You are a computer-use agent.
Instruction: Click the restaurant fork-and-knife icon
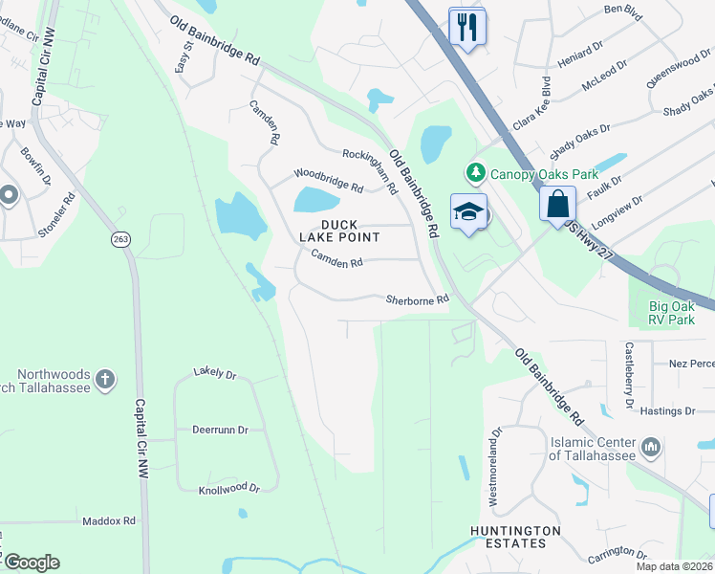point(466,27)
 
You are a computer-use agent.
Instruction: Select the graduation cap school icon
point(469,213)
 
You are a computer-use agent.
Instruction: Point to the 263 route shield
point(120,238)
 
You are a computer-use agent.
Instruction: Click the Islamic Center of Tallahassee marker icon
point(652,447)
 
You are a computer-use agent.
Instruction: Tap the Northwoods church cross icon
point(105,380)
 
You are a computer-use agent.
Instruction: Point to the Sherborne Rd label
point(417,299)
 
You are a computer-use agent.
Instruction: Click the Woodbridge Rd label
point(329,180)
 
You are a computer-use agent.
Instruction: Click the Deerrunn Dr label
point(220,430)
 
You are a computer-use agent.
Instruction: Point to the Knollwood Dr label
point(228,488)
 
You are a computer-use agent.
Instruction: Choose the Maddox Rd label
point(109,521)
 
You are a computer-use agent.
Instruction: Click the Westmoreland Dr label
point(495,466)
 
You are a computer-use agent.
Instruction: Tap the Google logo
point(32,563)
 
